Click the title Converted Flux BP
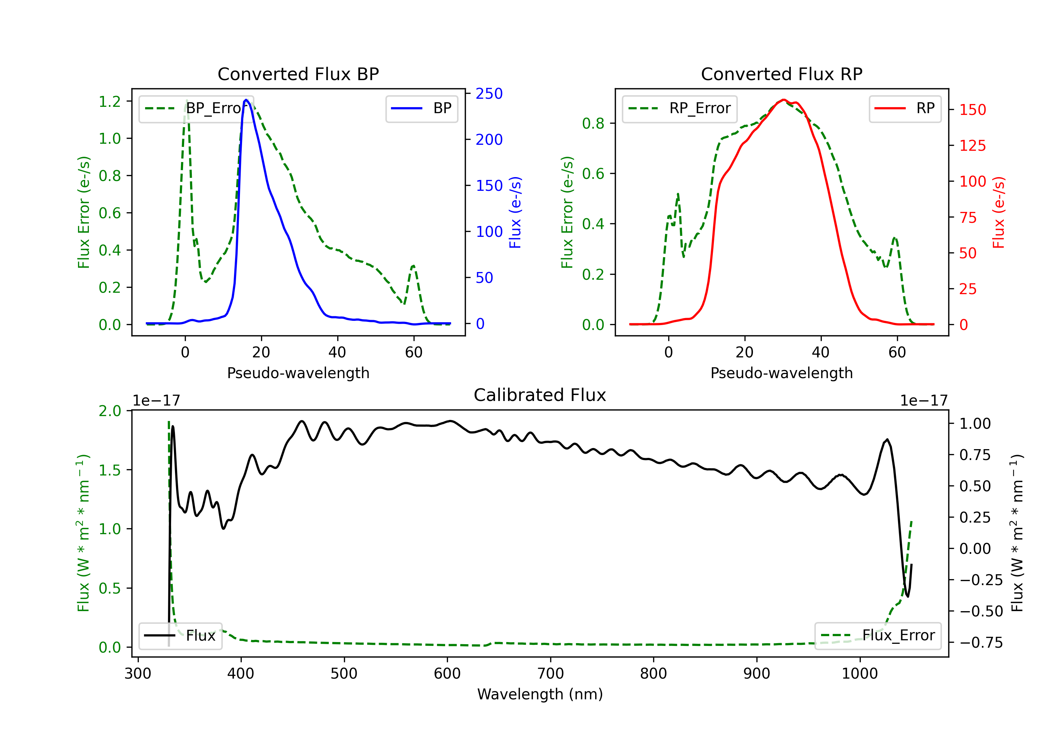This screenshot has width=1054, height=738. [x=298, y=74]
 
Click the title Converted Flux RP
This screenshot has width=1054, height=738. [x=781, y=74]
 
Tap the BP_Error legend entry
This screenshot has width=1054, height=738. [x=196, y=108]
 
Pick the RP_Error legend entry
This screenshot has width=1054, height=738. [x=680, y=108]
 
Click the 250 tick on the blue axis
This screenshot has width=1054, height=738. [x=489, y=94]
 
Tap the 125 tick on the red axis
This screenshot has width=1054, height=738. [x=972, y=145]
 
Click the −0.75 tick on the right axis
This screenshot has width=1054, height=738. [x=981, y=642]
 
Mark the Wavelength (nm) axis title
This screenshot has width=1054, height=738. [x=540, y=694]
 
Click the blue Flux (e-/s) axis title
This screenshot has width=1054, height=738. [x=515, y=212]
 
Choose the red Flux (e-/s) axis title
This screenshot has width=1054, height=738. [x=998, y=212]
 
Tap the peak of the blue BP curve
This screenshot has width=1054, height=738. [x=246, y=100]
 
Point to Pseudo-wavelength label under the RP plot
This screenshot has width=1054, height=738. [x=781, y=373]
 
